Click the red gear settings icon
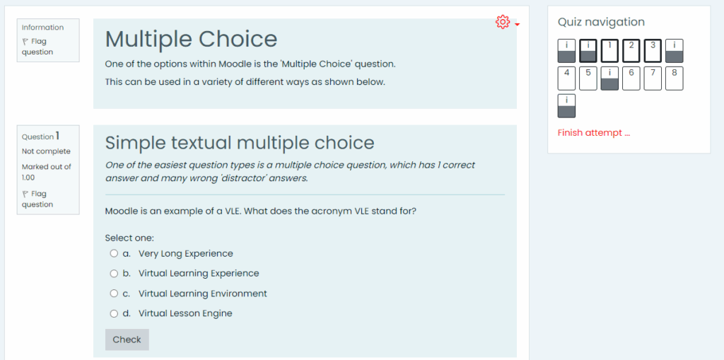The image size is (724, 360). [503, 23]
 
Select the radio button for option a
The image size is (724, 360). [114, 253]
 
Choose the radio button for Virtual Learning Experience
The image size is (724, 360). [114, 273]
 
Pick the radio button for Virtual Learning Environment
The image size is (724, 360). [114, 294]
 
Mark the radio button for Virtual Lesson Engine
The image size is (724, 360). [114, 313]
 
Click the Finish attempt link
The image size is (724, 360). [593, 133]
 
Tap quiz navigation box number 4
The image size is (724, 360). [567, 79]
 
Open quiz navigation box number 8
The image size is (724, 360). [675, 79]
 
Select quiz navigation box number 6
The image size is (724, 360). [631, 79]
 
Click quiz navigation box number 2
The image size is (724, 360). [631, 51]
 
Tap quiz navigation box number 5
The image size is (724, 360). [588, 79]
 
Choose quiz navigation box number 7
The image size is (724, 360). [653, 79]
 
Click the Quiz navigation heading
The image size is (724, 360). [601, 22]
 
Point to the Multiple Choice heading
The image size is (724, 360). [191, 39]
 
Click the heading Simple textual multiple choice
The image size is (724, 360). [239, 143]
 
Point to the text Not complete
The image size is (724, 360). [46, 151]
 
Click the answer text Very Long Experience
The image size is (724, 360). [185, 253]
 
